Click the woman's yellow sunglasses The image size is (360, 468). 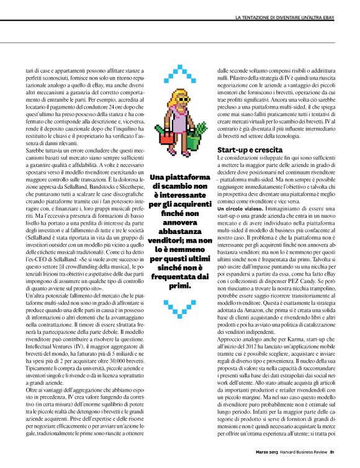tap(180, 100)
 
